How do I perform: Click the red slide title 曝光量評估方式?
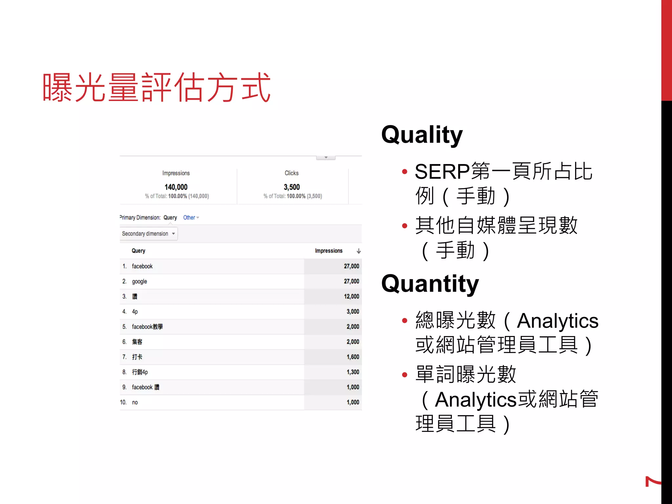(157, 87)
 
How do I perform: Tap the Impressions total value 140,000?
(176, 187)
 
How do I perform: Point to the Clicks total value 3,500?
(292, 187)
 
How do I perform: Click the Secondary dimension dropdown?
(149, 234)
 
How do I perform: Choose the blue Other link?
(189, 218)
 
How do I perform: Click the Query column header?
(138, 251)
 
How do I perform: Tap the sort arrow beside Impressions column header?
(359, 251)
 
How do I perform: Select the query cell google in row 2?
(139, 282)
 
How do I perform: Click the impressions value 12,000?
(351, 296)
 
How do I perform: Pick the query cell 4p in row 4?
(135, 311)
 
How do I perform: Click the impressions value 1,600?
(353, 357)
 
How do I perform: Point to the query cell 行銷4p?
(140, 372)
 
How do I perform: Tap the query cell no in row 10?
(135, 402)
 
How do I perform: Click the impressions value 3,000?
(353, 311)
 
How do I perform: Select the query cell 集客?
(137, 342)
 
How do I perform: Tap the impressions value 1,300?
(353, 372)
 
